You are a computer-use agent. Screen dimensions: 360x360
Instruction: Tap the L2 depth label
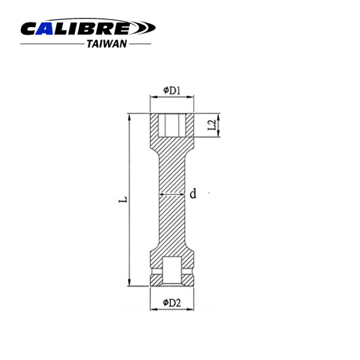click(211, 125)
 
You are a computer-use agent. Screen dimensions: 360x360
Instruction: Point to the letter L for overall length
click(120, 201)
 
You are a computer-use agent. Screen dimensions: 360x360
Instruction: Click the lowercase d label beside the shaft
click(192, 195)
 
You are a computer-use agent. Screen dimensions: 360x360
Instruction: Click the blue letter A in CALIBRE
click(52, 28)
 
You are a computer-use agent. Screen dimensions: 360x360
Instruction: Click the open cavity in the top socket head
click(172, 124)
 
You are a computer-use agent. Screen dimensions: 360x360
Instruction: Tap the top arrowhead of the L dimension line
click(128, 116)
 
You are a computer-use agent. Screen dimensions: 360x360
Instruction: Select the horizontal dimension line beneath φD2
click(172, 292)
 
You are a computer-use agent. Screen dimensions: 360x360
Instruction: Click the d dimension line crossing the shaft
click(172, 195)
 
